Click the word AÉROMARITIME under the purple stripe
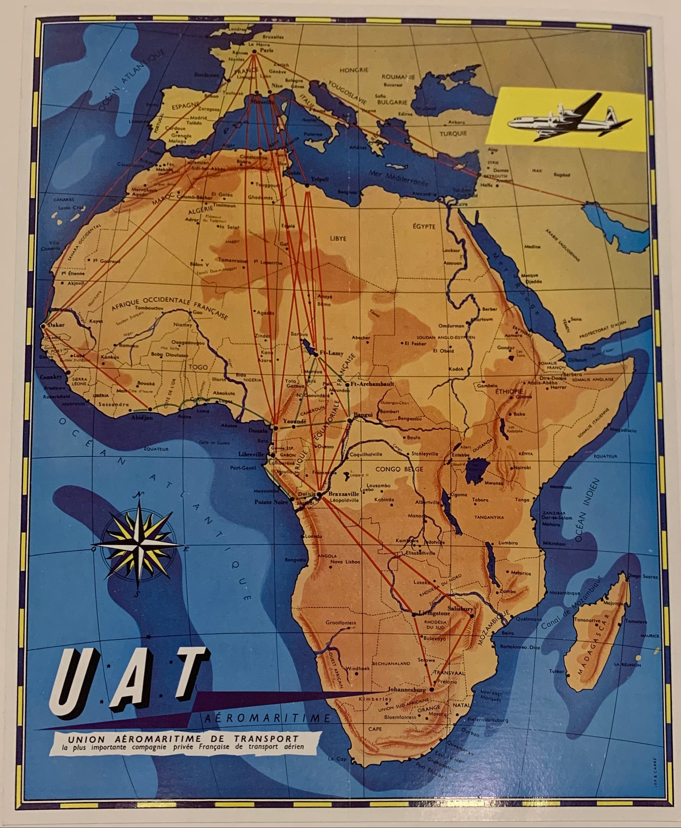coord(268,718)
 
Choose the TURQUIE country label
coord(453,134)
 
